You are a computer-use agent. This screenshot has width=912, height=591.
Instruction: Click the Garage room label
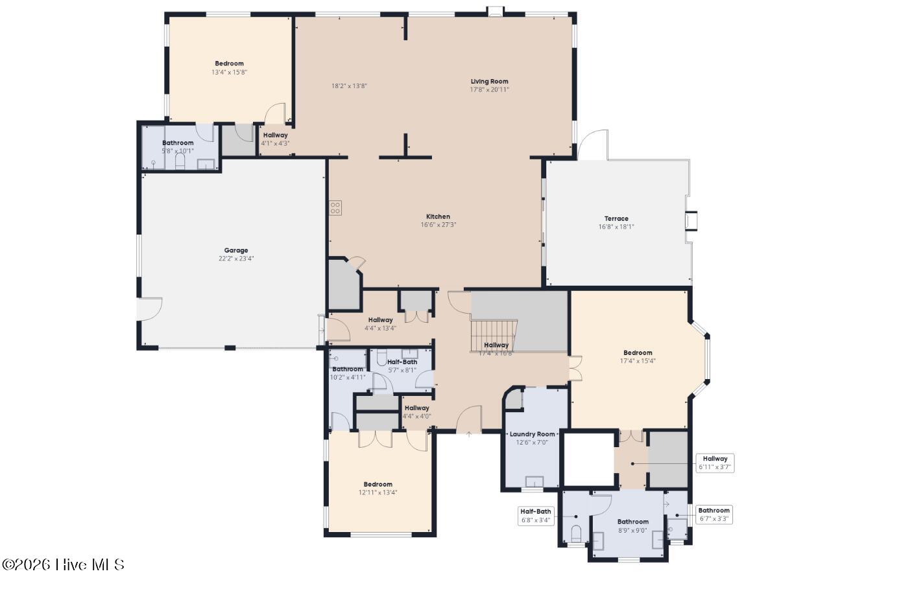click(236, 250)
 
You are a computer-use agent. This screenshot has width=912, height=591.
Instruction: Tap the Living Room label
click(489, 82)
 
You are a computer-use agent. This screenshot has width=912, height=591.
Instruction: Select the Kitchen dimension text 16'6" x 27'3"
click(438, 225)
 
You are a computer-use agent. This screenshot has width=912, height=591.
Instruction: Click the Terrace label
click(616, 218)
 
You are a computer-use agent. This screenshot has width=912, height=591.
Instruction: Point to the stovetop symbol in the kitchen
click(335, 208)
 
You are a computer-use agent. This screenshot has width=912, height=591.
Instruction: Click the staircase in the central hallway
click(494, 334)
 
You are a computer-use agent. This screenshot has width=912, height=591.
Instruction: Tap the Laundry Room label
click(532, 434)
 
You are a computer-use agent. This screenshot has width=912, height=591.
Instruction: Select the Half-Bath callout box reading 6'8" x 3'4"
click(535, 516)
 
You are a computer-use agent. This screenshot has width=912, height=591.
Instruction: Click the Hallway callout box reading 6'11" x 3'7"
click(715, 463)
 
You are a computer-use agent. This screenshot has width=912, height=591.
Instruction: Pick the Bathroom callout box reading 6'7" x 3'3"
click(714, 515)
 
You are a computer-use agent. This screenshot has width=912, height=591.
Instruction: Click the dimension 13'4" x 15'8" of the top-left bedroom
click(229, 73)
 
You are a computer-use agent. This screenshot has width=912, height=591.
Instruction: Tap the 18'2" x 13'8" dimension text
click(350, 86)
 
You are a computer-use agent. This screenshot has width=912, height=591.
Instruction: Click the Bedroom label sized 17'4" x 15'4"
click(638, 353)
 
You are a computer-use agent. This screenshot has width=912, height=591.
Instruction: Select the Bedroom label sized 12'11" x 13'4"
click(378, 484)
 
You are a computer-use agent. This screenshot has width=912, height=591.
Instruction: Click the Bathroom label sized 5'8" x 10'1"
click(178, 143)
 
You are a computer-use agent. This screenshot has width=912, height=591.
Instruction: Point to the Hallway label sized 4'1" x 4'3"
click(275, 135)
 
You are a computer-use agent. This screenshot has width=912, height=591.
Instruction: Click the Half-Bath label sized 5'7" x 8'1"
click(402, 362)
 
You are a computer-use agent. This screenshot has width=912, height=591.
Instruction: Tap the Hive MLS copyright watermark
click(63, 564)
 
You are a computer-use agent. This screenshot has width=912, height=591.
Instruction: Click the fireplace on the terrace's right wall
click(691, 222)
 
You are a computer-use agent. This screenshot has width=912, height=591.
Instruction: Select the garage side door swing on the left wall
click(150, 309)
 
